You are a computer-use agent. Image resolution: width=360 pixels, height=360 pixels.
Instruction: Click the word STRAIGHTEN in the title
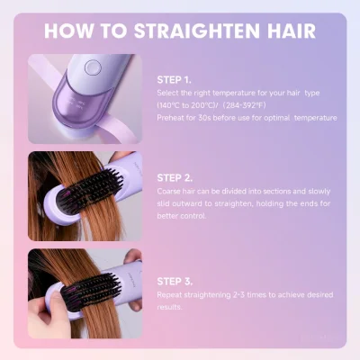point(197,31)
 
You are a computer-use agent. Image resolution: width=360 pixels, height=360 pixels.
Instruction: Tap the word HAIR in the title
point(291,31)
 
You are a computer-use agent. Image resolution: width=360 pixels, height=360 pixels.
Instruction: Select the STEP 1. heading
point(174,80)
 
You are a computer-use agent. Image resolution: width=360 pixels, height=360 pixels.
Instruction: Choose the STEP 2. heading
point(175,178)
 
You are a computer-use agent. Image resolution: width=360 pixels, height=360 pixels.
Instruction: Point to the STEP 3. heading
point(175,282)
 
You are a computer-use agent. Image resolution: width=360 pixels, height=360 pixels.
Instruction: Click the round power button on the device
point(91,67)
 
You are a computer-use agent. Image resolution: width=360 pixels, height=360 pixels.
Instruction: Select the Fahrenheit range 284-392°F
point(245,105)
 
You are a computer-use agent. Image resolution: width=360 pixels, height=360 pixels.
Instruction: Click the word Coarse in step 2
point(168,191)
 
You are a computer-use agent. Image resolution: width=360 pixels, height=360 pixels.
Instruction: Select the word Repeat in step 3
point(169,295)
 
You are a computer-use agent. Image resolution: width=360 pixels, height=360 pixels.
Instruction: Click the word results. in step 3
point(169,307)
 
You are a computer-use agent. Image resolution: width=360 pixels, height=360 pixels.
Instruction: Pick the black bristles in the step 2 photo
point(92,190)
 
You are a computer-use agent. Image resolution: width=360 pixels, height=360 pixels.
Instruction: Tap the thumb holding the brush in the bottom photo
point(58,303)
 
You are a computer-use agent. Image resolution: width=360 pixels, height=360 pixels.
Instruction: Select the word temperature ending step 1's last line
point(315,118)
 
